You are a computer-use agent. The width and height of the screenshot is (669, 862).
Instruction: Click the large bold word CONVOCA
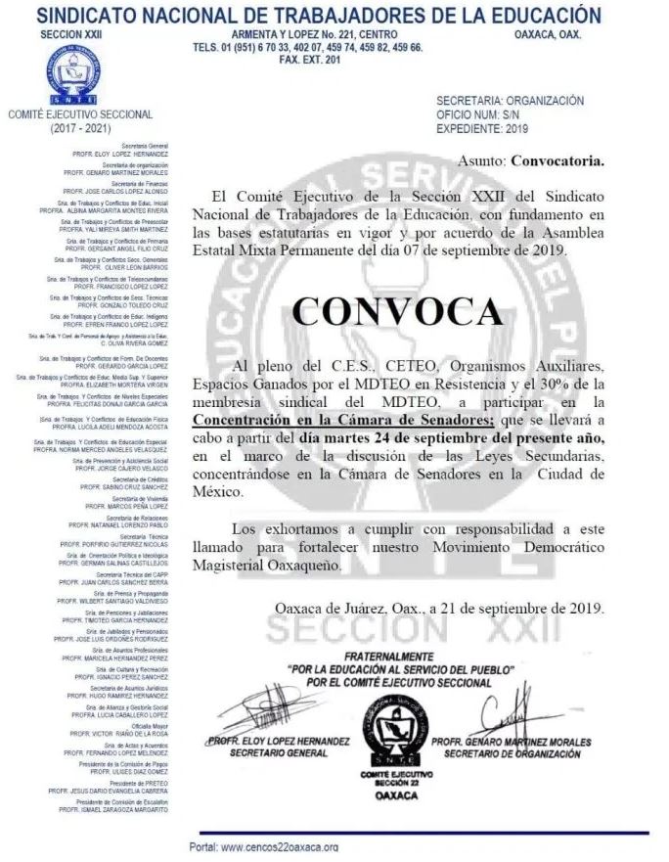pos(397,311)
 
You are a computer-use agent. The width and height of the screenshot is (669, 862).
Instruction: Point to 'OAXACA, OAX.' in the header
pos(548,34)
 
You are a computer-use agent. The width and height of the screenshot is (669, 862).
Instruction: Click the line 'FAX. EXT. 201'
pos(309,60)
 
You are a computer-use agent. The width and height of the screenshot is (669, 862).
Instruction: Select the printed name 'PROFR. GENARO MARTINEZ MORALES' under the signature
pos(511,743)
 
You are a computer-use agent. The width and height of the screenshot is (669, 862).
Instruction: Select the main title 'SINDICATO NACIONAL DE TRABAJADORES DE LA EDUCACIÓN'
pos(334,15)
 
